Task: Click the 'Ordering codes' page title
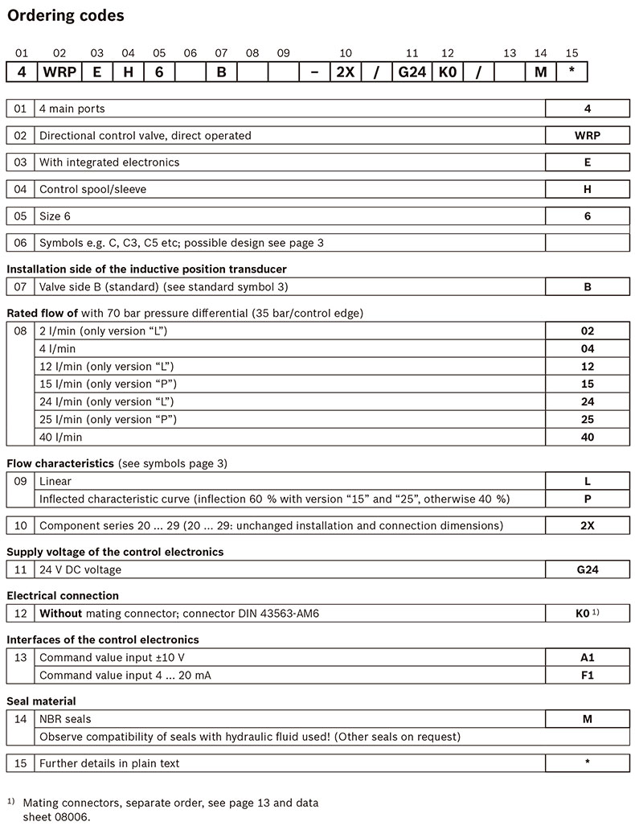[66, 14]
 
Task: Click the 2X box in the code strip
[345, 72]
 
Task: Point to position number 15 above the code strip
[571, 53]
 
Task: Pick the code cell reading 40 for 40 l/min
[588, 437]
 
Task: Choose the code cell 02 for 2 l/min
[588, 331]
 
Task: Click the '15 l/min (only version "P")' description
[108, 384]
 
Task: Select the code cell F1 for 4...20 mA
[588, 675]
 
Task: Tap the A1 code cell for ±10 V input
[588, 657]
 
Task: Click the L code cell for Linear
[588, 481]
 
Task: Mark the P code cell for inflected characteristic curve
[588, 499]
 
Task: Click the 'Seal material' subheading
[42, 701]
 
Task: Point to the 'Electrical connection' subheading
[63, 596]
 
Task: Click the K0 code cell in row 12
[583, 614]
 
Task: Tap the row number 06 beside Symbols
[20, 242]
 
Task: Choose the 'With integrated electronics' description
[109, 162]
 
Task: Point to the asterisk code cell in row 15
[588, 762]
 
